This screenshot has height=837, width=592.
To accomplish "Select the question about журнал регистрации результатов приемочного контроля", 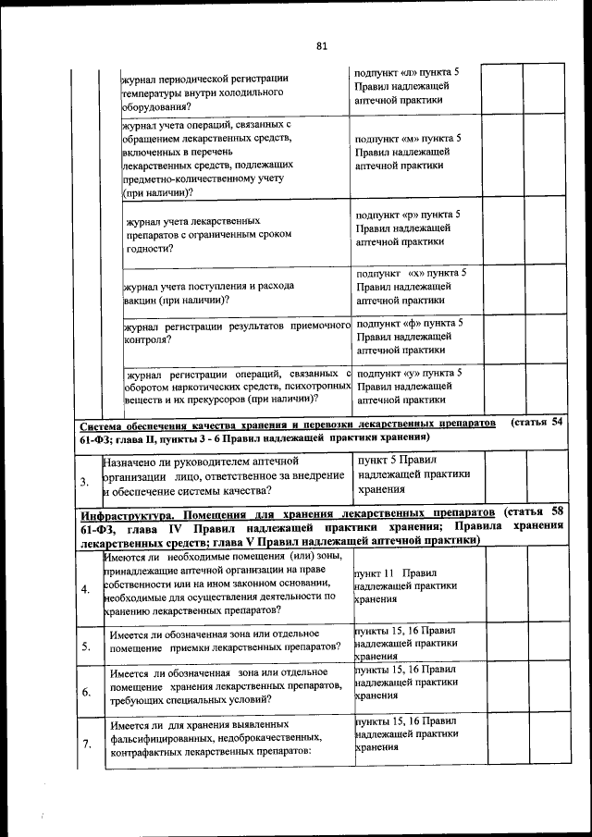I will click(235, 333).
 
